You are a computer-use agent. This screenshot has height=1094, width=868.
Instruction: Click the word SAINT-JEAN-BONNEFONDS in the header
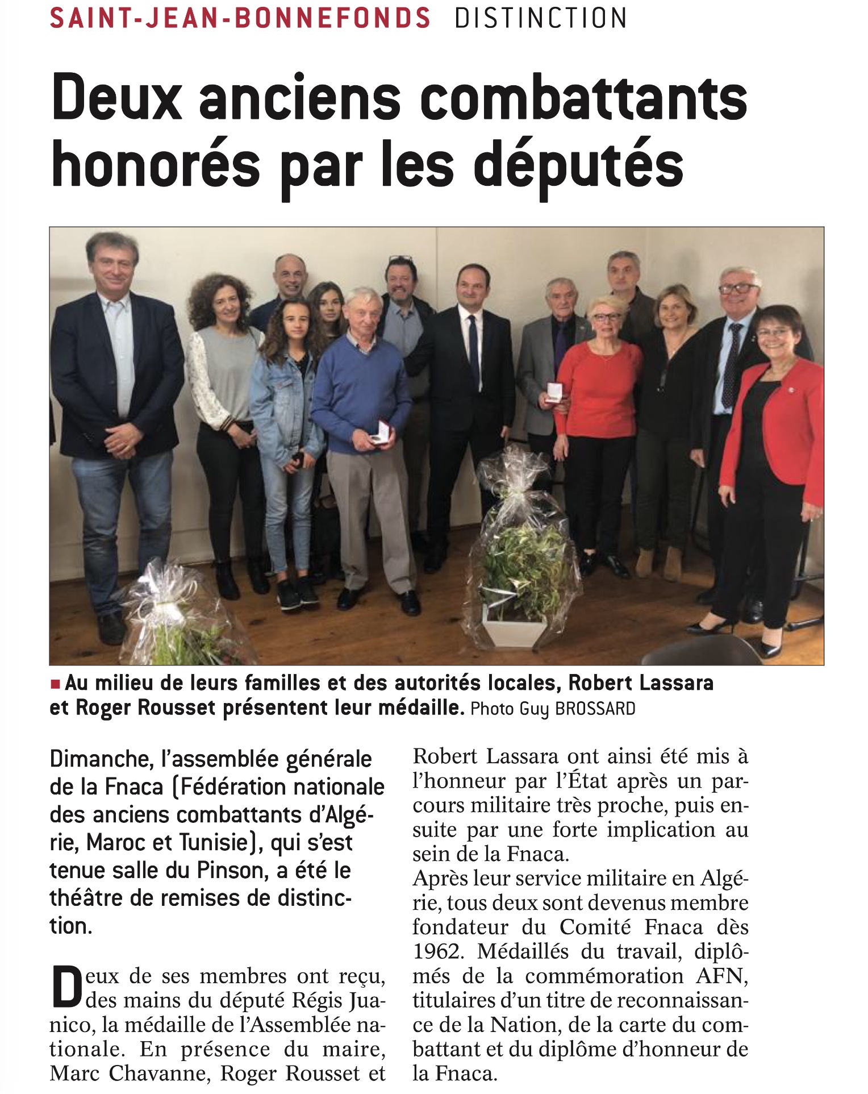click(x=240, y=18)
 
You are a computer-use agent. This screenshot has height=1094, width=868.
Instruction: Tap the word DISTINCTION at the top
click(x=541, y=18)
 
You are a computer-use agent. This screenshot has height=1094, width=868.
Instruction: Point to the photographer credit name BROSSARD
click(x=594, y=709)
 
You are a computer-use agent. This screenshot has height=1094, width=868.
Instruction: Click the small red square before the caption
click(x=55, y=684)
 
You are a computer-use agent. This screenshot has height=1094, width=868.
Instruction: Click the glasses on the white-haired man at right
click(x=739, y=288)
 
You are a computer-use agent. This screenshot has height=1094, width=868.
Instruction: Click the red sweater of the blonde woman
click(x=598, y=386)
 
